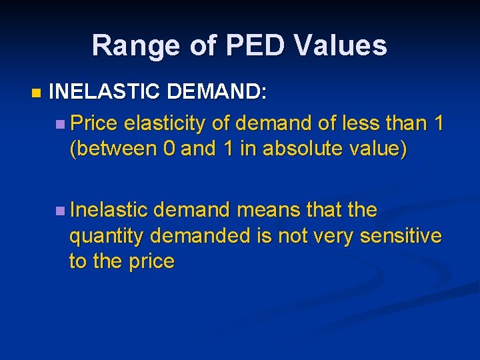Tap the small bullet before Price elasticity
tap(61, 124)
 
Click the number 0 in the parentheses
tap(169, 149)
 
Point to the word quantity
tap(107, 237)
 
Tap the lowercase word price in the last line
tap(151, 262)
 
